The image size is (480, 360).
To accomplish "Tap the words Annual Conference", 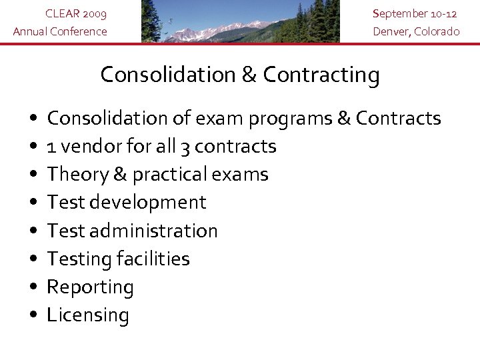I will (60, 31).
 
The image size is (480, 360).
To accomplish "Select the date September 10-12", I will (416, 13).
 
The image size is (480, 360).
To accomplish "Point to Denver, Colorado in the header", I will (416, 31).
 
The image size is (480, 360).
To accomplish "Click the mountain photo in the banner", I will (240, 21).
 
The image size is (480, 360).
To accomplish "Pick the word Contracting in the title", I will (321, 75).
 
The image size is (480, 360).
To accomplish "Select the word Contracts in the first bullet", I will (399, 119).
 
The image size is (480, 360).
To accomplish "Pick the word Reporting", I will (90, 287).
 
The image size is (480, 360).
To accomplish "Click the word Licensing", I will (87, 315).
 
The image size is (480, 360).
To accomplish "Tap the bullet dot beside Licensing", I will (33, 315).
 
